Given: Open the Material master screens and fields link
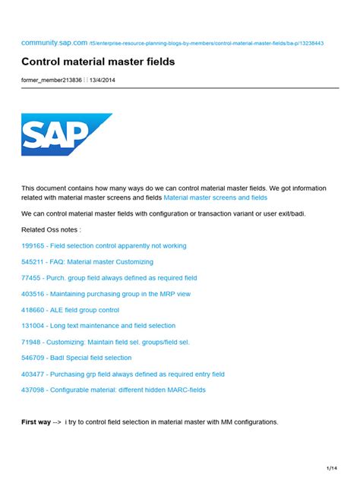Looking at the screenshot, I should [x=216, y=197].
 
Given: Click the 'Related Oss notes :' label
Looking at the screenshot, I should [x=51, y=229].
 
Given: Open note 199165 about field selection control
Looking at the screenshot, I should [x=103, y=245].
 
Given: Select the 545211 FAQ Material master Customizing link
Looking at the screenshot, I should [x=87, y=261].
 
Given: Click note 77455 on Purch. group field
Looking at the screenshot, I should [x=109, y=278].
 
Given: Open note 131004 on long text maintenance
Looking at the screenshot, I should [x=98, y=326].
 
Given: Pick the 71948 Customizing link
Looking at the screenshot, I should [x=105, y=342].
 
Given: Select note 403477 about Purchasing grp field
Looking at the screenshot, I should [x=122, y=374].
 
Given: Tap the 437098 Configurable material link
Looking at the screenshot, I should [x=113, y=390].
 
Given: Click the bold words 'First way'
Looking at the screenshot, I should [x=36, y=422].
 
